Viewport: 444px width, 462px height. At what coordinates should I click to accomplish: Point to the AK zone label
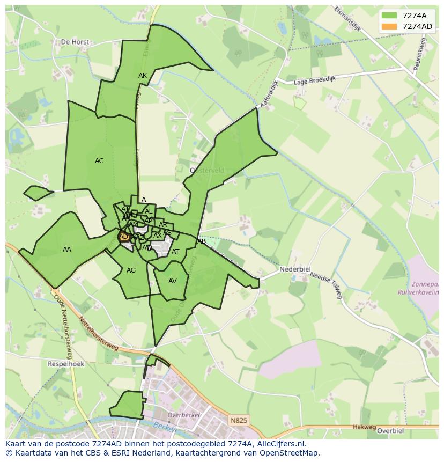point(143,76)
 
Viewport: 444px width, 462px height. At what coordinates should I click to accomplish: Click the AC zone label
point(99,161)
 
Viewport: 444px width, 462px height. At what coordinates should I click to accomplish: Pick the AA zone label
point(67,250)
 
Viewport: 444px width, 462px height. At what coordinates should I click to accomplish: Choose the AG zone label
point(131,270)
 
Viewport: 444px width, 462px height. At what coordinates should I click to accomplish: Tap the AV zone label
point(173,281)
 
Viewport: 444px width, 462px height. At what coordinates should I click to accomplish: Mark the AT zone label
point(175,252)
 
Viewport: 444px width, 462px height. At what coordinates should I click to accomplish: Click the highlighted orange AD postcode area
point(124,237)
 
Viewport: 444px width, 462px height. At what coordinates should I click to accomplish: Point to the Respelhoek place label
point(66,364)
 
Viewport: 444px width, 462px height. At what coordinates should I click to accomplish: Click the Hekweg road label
point(365,427)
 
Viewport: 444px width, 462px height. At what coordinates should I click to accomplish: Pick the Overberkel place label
point(183,415)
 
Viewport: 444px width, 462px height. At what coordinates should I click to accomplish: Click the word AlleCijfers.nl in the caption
point(279,444)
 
